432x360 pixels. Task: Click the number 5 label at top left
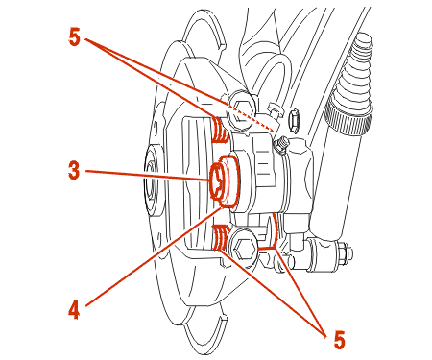pyautogui.click(x=74, y=37)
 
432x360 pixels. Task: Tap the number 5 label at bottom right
pyautogui.click(x=339, y=340)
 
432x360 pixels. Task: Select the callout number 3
pyautogui.click(x=74, y=170)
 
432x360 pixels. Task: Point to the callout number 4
pyautogui.click(x=74, y=310)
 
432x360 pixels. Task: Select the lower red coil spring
pyautogui.click(x=220, y=237)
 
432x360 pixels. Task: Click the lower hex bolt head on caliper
pyautogui.click(x=245, y=248)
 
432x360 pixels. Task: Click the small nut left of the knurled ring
pyautogui.click(x=295, y=121)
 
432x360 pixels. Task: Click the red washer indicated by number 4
pyautogui.click(x=228, y=181)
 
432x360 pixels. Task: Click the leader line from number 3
pyautogui.click(x=147, y=176)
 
